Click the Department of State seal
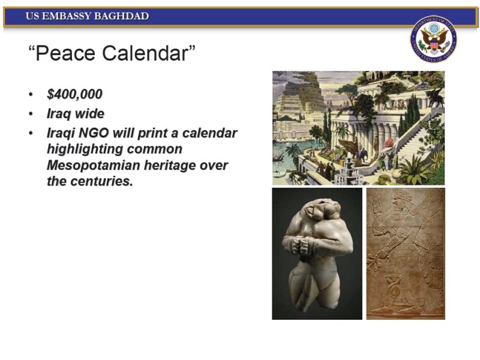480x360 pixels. (x=433, y=40)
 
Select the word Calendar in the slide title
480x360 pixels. (x=148, y=53)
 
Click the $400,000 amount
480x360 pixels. (x=74, y=94)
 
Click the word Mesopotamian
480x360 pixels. (x=94, y=166)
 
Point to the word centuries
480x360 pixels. (x=101, y=181)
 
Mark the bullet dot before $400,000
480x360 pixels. (x=31, y=94)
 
